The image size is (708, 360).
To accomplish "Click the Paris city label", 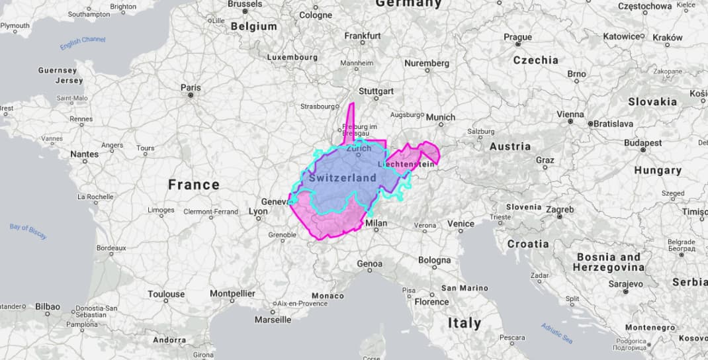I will (191, 87).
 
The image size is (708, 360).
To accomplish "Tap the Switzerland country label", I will (342, 177).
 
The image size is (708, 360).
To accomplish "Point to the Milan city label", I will (376, 224).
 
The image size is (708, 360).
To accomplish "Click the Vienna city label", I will (570, 114).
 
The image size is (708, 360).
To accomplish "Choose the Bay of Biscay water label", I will (28, 232).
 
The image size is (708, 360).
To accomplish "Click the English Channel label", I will (83, 43).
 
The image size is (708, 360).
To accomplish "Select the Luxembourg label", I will (292, 57).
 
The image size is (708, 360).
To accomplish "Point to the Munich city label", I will (441, 117).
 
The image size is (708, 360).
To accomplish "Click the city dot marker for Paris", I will (191, 95).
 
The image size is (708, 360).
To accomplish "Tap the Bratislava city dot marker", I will (590, 123).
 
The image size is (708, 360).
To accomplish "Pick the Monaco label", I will (328, 295).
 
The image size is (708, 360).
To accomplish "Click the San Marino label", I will (465, 288).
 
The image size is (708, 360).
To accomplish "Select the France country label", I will (193, 185).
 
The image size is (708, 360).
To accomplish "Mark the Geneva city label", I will (275, 202).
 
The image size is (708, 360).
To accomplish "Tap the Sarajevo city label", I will (626, 284).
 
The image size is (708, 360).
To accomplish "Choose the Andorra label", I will (169, 339).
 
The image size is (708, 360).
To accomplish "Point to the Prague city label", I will (517, 37).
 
